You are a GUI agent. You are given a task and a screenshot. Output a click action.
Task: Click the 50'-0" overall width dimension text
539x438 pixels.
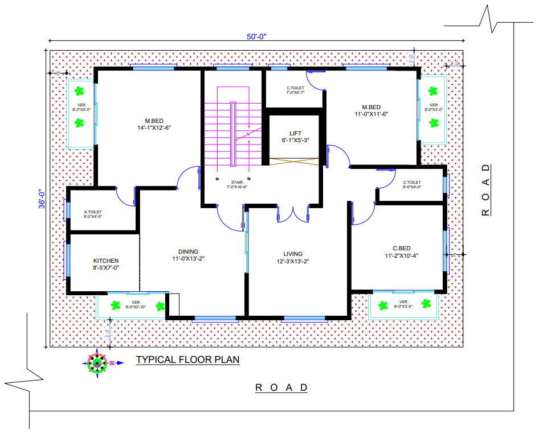pos(256,36)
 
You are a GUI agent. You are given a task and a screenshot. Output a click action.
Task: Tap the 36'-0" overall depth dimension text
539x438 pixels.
pos(41,200)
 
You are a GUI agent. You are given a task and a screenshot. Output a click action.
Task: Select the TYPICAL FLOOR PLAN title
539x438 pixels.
pos(187,360)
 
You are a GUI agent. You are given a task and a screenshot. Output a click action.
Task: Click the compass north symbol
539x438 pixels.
pos(98,362)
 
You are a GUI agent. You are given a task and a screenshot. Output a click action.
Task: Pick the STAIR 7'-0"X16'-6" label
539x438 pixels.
pos(237,184)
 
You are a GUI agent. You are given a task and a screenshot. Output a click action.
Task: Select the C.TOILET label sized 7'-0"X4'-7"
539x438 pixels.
pos(295,90)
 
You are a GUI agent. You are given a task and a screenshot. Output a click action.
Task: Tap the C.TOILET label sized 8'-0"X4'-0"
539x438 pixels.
pos(412,184)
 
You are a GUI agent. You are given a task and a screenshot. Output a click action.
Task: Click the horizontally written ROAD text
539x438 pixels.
pos(281,387)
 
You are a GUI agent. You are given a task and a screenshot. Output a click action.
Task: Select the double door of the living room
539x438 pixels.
pos(292,215)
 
